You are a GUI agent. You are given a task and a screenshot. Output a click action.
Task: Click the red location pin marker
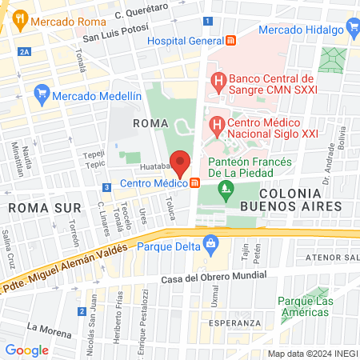pyautogui.click(x=181, y=162)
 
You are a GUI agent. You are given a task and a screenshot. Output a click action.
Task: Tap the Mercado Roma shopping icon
pyautogui.click(x=20, y=22)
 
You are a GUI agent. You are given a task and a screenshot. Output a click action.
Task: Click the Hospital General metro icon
pyautogui.click(x=231, y=40)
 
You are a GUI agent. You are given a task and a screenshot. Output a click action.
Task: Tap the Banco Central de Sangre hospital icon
pyautogui.click(x=217, y=80)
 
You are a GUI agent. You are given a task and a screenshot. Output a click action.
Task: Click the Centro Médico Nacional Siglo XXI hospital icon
pyautogui.click(x=215, y=126)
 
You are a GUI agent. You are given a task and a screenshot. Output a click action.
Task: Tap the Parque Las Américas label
pyautogui.click(x=305, y=306)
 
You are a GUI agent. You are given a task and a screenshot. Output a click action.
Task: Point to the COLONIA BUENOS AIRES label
pyautogui.click(x=300, y=199)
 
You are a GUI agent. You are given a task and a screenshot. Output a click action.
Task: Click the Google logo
pyautogui.click(x=26, y=350)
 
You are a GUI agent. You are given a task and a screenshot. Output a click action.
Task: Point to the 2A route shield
pyautogui.click(x=25, y=51)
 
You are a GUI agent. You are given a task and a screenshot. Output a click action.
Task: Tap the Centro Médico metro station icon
pyautogui.click(x=195, y=183)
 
